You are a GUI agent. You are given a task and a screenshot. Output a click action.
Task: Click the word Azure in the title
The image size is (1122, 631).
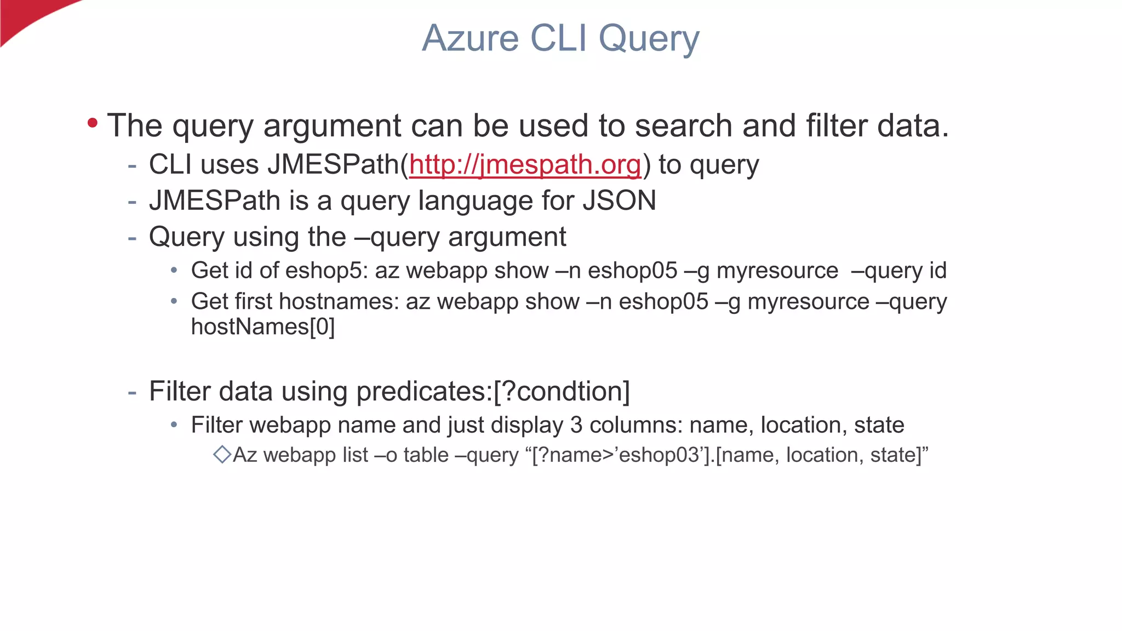pyautogui.click(x=470, y=38)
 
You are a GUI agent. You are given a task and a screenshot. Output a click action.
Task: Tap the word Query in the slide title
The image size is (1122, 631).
pyautogui.click(x=649, y=39)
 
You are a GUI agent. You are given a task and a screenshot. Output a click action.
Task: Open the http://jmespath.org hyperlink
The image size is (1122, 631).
pyautogui.click(x=525, y=165)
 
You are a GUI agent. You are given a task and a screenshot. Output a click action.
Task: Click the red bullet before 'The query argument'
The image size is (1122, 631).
pyautogui.click(x=93, y=123)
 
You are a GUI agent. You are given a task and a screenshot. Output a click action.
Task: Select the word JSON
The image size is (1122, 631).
pyautogui.click(x=619, y=200)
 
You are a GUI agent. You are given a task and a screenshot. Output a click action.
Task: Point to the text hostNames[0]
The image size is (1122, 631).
pyautogui.click(x=262, y=327)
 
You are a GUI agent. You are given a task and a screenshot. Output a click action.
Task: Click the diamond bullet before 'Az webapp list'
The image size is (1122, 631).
pyautogui.click(x=222, y=455)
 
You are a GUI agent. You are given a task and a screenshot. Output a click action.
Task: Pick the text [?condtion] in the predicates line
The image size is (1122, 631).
pyautogui.click(x=562, y=392)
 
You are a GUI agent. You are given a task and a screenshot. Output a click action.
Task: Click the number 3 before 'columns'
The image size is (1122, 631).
pyautogui.click(x=576, y=425)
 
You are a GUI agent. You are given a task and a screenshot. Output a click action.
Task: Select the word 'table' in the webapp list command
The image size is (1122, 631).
pyautogui.click(x=426, y=455)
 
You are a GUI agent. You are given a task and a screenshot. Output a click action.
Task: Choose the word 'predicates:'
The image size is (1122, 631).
pyautogui.click(x=425, y=392)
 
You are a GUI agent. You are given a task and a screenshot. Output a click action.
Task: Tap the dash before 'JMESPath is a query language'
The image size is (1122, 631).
pyautogui.click(x=132, y=202)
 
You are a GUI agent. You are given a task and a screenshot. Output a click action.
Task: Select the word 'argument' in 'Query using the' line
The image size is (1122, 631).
pyautogui.click(x=507, y=237)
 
